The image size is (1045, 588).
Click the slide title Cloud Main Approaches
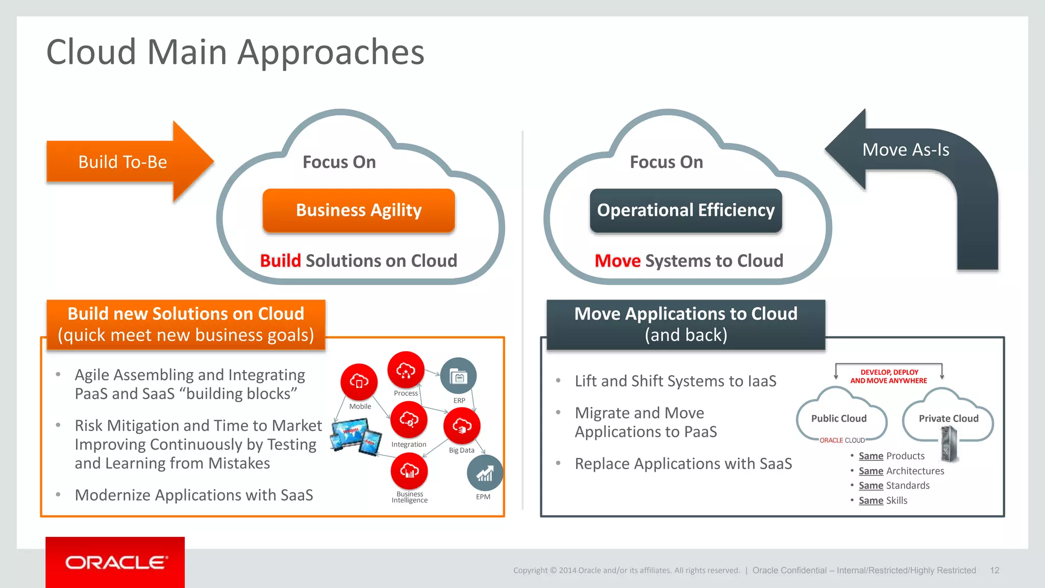tap(235, 52)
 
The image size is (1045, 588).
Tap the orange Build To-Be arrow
tap(123, 162)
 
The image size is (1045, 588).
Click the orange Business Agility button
tap(359, 210)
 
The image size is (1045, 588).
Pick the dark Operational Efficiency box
tap(686, 210)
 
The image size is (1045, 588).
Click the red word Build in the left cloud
tap(281, 261)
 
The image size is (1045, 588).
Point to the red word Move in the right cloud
tap(617, 261)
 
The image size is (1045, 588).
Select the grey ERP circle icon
tap(458, 376)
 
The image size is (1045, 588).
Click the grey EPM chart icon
tap(484, 473)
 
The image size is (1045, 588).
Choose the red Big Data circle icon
tap(462, 426)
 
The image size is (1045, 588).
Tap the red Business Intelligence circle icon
tap(409, 471)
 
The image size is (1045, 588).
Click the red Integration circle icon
tap(409, 420)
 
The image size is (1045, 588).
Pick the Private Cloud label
tap(949, 419)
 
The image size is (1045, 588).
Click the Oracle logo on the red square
tap(115, 562)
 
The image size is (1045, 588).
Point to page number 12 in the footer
tap(994, 570)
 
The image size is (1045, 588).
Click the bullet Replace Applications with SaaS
tap(683, 463)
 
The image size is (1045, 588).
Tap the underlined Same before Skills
tap(870, 500)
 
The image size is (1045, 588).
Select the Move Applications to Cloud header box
tap(686, 324)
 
